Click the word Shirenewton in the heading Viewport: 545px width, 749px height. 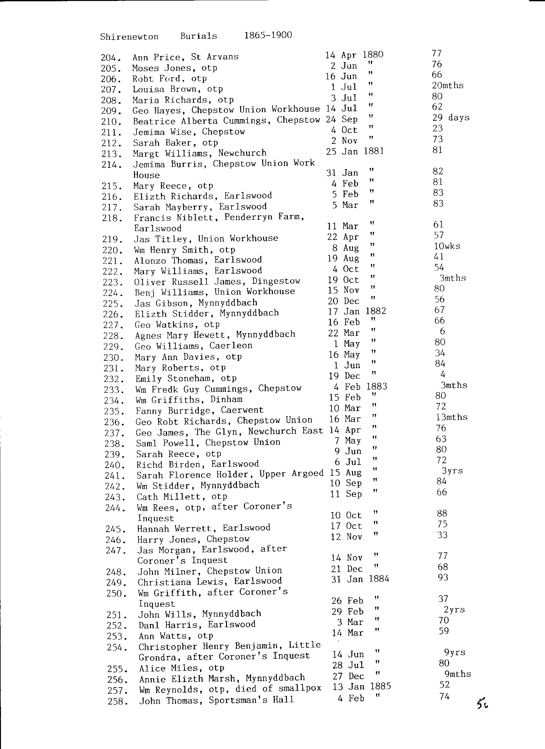tap(129, 36)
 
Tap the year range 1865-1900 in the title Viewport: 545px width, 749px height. tap(268, 35)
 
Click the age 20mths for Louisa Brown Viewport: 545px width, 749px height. tap(448, 86)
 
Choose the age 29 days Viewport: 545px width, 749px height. tap(450, 118)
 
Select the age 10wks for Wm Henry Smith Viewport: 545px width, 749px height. tap(447, 246)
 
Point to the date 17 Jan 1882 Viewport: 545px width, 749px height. tap(357, 311)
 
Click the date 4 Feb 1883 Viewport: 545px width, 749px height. tap(360, 386)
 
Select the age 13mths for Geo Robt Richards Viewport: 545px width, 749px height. tap(451, 417)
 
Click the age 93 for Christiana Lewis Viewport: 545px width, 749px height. tap(443, 577)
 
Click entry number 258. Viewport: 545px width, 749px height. tap(117, 701)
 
